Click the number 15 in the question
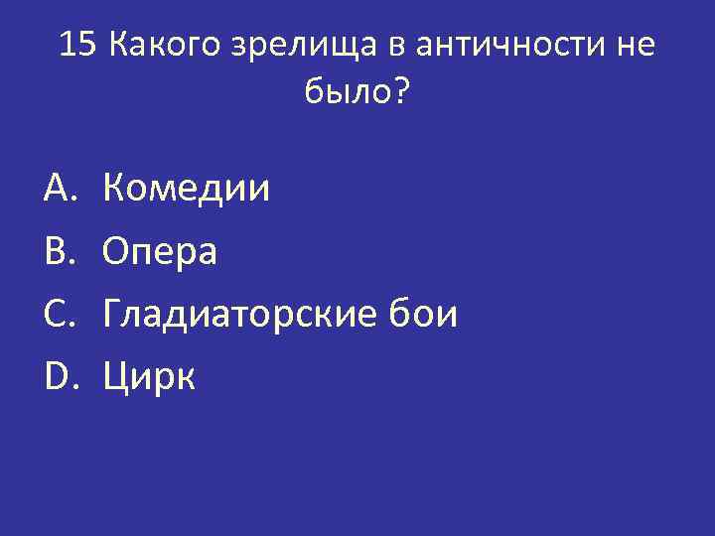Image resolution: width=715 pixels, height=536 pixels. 77,45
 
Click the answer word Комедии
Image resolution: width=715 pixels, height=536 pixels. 186,188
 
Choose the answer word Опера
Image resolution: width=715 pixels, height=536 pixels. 159,252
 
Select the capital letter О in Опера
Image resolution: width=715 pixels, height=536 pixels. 117,251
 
